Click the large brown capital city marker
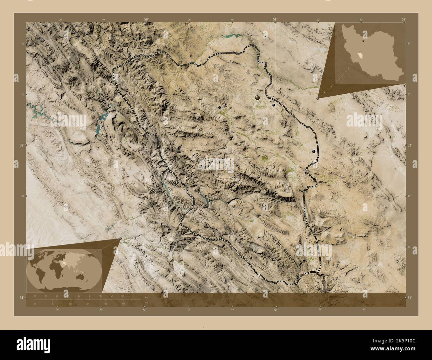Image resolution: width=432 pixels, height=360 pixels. (258, 98)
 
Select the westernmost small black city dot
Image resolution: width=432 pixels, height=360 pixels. (219, 108)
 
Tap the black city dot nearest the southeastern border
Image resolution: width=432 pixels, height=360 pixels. (314, 151)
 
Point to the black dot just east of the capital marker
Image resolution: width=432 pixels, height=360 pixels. (273, 105)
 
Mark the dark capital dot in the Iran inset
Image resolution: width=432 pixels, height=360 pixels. (364, 42)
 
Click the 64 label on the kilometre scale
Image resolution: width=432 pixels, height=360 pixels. (123, 296)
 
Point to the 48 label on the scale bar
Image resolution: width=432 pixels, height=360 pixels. (101, 296)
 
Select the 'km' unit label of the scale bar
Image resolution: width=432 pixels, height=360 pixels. (146, 297)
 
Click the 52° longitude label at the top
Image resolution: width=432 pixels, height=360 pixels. (403, 20)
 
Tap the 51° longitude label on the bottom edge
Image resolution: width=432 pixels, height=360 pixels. (276, 310)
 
